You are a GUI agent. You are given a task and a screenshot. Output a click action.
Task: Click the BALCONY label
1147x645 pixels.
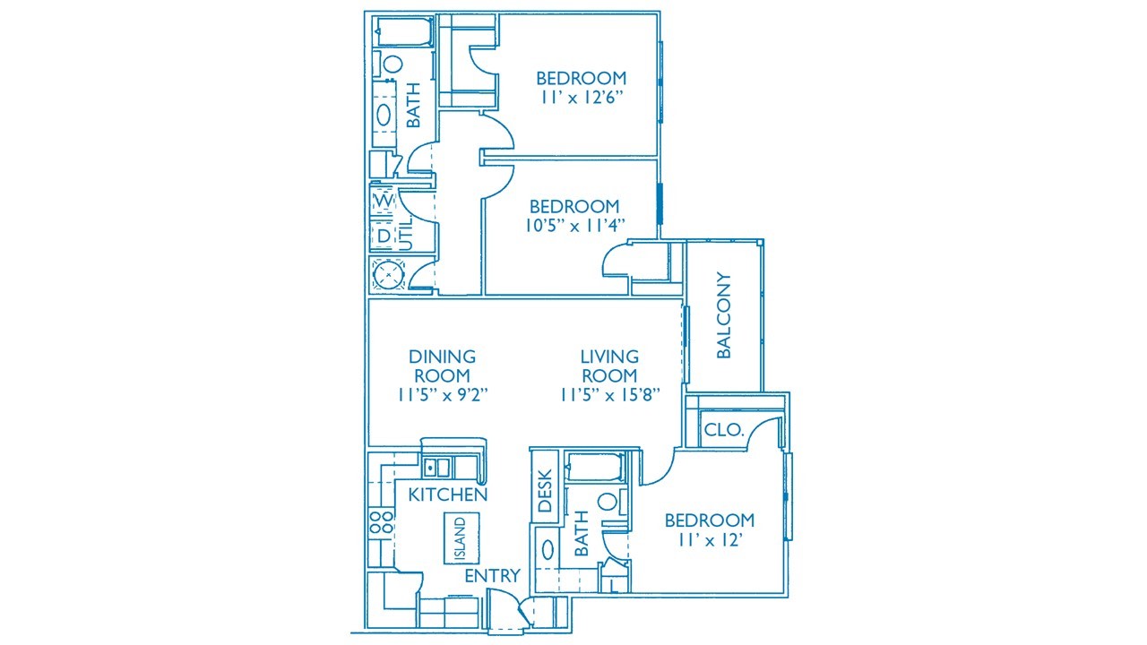tap(723, 315)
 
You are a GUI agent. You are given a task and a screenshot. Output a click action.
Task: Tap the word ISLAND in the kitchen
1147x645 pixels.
tap(461, 538)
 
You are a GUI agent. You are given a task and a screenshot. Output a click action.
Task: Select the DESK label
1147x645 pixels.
tap(545, 491)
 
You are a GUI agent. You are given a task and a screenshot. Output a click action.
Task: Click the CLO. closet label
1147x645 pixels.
tap(723, 429)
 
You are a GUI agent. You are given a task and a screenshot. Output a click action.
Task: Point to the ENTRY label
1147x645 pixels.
tap(492, 576)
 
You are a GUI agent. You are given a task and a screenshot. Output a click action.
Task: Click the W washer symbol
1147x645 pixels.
tap(384, 202)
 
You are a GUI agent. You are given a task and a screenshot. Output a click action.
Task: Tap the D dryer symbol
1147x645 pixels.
tap(384, 236)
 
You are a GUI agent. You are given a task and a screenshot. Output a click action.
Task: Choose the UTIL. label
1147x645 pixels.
tap(405, 233)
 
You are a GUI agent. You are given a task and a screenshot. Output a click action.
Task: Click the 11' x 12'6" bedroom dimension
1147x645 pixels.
tap(582, 98)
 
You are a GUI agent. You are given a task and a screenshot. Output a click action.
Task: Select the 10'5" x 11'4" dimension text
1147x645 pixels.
tap(575, 225)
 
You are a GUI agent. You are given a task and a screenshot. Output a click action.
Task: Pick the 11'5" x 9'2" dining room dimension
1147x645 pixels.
tap(443, 395)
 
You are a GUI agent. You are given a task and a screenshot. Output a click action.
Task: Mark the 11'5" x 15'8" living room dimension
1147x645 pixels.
tap(609, 395)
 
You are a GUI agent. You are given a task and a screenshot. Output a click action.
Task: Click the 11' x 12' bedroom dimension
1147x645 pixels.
tap(711, 539)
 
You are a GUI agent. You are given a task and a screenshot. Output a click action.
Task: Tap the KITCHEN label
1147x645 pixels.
tap(447, 494)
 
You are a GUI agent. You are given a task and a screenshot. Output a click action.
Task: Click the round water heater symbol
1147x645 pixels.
tap(389, 275)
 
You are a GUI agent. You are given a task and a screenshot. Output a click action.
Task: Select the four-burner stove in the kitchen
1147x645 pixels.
tap(382, 522)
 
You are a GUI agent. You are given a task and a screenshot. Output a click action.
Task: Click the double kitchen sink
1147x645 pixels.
tap(436, 468)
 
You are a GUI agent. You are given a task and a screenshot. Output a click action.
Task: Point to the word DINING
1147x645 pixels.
tap(443, 357)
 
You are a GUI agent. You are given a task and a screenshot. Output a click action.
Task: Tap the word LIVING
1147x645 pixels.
tap(609, 357)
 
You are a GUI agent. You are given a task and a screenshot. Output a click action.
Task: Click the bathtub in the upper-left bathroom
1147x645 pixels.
tap(403, 31)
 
